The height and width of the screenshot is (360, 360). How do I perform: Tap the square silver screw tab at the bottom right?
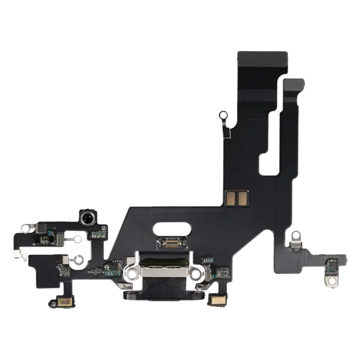[x=330, y=280]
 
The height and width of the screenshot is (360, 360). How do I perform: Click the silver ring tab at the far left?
[x=26, y=227]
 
